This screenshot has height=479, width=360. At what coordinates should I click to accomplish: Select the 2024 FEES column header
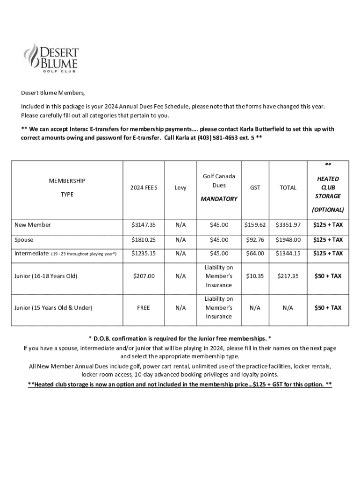click(144, 188)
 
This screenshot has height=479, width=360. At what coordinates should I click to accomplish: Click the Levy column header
click(180, 188)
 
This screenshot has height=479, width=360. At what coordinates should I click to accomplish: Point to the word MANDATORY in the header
click(219, 199)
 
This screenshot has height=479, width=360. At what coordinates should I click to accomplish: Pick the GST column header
click(255, 188)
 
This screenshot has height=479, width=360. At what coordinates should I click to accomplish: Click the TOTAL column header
click(288, 188)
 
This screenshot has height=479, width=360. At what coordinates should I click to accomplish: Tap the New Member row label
click(32, 225)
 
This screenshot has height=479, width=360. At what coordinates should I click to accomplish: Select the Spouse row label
click(24, 240)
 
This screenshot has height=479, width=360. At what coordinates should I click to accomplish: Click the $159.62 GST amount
click(255, 225)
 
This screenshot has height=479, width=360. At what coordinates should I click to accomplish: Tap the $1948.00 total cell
click(288, 240)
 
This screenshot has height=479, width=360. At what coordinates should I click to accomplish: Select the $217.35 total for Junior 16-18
click(288, 276)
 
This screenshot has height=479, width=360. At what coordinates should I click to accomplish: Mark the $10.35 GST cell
click(255, 276)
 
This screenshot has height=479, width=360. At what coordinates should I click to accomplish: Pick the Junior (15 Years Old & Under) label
click(53, 308)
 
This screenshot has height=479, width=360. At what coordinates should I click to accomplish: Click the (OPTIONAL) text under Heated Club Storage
click(328, 210)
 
